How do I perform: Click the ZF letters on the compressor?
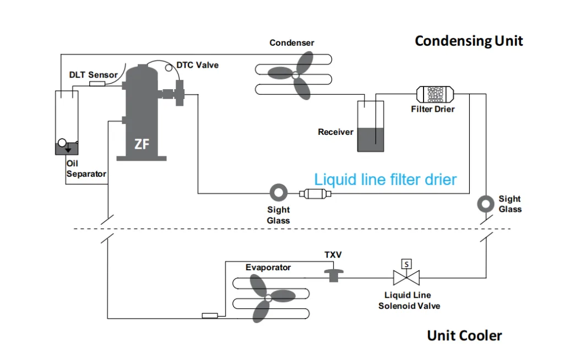pos(142,144)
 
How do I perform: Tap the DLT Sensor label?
pos(94,75)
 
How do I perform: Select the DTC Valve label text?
pos(198,65)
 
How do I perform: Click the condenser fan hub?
pos(295,75)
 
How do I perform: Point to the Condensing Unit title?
pos(469,41)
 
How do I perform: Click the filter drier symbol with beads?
pos(435,94)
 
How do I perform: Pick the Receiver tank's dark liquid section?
pos(371,139)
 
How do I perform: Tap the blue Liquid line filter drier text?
pos(385,179)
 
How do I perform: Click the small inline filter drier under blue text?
pos(315,194)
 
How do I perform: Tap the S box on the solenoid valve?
pos(406,264)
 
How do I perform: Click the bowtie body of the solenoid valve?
pos(406,278)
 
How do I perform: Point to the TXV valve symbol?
pos(334,275)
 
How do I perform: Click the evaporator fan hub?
pos(268,298)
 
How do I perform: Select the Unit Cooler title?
pos(464,336)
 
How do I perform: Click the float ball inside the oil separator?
pos(62,143)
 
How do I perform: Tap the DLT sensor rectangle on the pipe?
pos(97,84)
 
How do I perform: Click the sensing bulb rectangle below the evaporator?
pos(210,316)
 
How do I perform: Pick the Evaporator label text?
pos(268,268)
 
